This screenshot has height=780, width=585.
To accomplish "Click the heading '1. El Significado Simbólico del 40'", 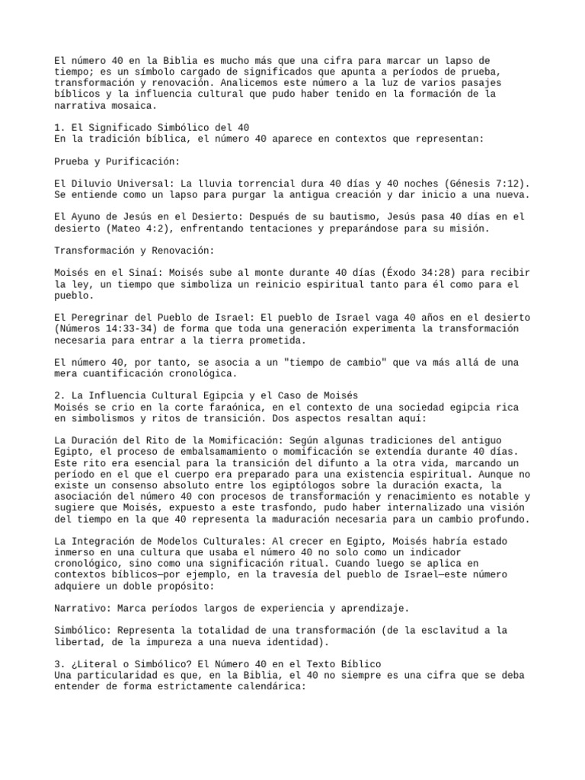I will (x=152, y=128).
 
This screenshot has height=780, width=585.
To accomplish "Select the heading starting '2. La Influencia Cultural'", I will (x=206, y=395).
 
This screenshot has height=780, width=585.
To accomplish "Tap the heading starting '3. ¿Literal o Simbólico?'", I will (x=218, y=664).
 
